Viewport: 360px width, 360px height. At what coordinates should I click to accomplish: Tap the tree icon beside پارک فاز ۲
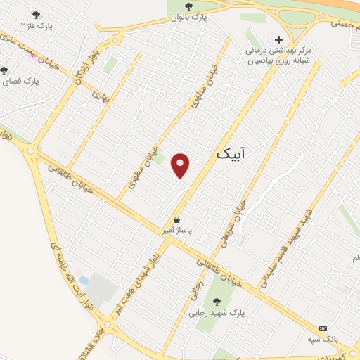click(36, 15)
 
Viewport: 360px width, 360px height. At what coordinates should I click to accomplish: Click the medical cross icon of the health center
click(279, 39)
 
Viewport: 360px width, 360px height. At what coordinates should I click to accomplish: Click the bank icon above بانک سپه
click(323, 328)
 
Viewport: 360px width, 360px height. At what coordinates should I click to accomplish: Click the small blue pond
click(84, 282)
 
